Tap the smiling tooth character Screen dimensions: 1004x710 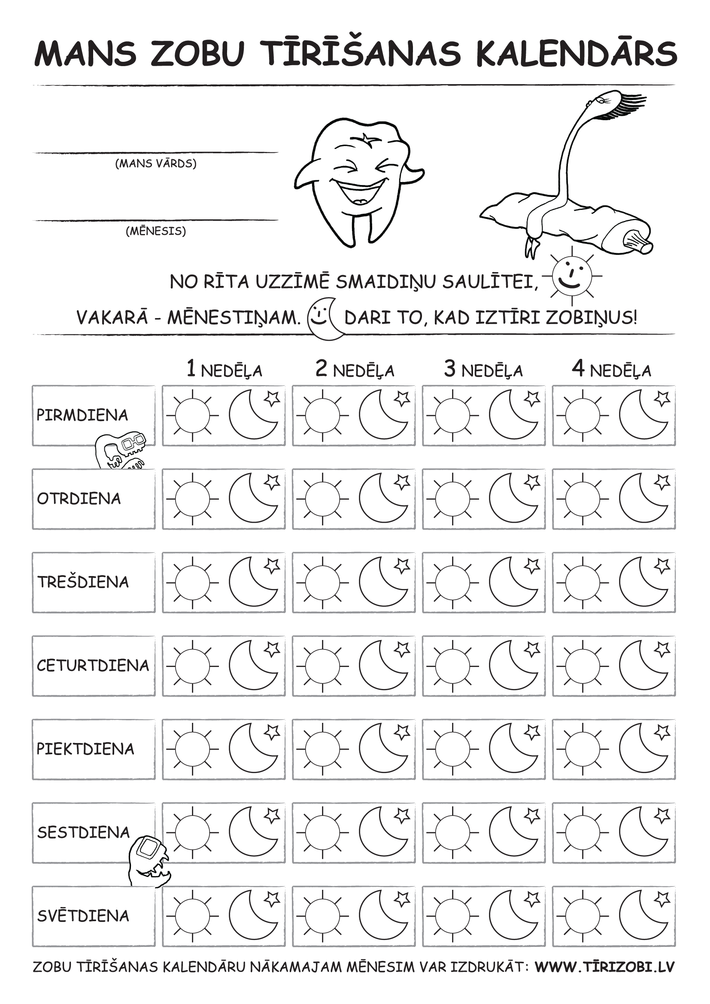click(358, 179)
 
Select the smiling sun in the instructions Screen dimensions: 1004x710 click(572, 276)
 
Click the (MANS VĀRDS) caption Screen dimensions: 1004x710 click(156, 164)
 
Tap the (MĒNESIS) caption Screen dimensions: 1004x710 click(156, 231)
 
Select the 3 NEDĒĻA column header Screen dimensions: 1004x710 click(483, 369)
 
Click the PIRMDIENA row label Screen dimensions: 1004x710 click(82, 415)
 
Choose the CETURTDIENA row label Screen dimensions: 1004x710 click(93, 666)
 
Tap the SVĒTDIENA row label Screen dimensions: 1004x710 click(83, 916)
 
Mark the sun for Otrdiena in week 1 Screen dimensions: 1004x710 click(192, 499)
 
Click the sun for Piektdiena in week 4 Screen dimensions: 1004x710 click(583, 749)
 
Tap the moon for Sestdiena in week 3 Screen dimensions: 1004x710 click(511, 832)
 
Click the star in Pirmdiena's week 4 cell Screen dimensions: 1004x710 click(662, 398)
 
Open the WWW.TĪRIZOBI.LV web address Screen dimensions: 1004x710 click(605, 967)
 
